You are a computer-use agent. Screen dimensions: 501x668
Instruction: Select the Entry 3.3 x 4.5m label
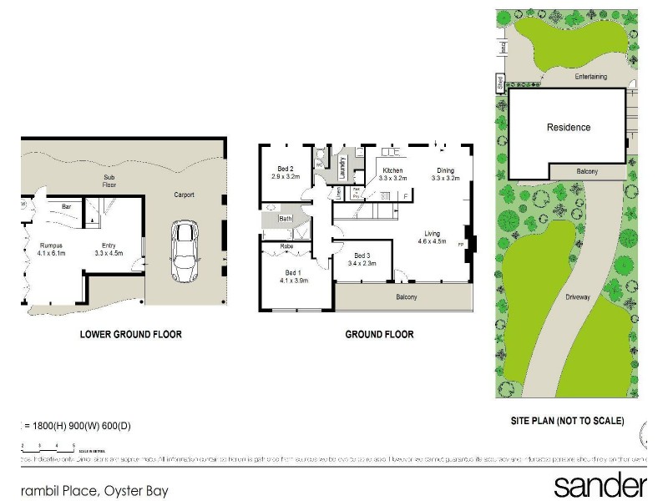pyautogui.click(x=109, y=248)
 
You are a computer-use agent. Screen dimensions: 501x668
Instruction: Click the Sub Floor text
pyautogui.click(x=109, y=181)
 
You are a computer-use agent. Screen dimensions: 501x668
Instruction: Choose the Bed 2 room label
pyautogui.click(x=285, y=174)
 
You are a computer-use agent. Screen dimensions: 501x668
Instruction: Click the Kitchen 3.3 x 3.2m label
pyautogui.click(x=392, y=175)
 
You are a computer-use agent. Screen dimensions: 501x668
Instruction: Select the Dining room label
pyautogui.click(x=445, y=175)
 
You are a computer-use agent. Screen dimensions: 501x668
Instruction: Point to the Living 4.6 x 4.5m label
pyautogui.click(x=433, y=238)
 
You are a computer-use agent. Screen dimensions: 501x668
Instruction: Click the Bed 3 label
pyautogui.click(x=362, y=260)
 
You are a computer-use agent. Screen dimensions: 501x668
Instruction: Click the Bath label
pyautogui.click(x=285, y=219)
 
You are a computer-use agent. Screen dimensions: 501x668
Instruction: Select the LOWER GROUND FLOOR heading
pyautogui.click(x=130, y=335)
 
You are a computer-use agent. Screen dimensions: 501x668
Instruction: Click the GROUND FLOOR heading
pyautogui.click(x=380, y=335)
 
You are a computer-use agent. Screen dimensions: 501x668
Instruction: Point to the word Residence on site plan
pyautogui.click(x=569, y=128)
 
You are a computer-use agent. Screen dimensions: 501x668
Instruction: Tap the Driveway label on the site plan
pyautogui.click(x=578, y=296)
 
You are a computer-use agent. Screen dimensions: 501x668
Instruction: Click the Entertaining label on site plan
pyautogui.click(x=590, y=77)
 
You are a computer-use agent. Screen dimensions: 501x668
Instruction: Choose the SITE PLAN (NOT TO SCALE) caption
pyautogui.click(x=567, y=421)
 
